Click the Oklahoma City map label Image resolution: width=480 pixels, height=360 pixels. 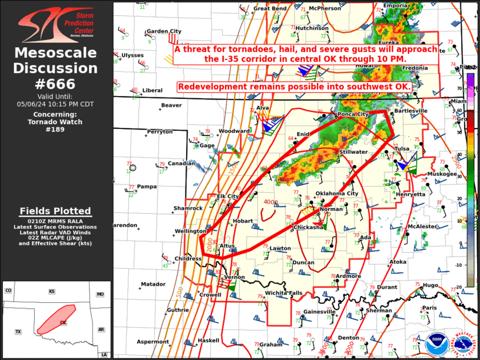(x=337, y=193)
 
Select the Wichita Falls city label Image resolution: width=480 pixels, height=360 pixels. (x=283, y=293)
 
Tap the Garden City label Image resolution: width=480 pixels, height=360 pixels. (x=164, y=31)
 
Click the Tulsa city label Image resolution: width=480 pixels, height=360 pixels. (x=401, y=148)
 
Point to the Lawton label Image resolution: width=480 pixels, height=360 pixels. (x=280, y=248)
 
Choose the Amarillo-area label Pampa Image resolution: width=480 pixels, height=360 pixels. (x=147, y=186)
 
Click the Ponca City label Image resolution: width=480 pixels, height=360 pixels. (x=353, y=114)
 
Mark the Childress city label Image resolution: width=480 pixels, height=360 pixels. (x=188, y=258)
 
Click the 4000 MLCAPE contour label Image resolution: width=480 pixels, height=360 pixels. (x=270, y=202)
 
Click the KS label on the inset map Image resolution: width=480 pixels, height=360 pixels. (x=52, y=292)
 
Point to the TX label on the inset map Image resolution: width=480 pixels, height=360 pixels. (x=18, y=332)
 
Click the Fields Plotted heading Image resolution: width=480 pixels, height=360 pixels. (x=55, y=211)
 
